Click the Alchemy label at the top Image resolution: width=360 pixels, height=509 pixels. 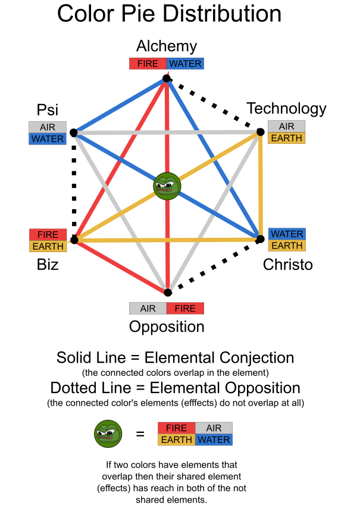coord(167,46)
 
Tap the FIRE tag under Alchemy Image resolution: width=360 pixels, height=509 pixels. coord(148,64)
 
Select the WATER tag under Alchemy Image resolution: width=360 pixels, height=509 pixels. coord(185,64)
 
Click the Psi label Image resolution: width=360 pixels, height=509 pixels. coord(48,110)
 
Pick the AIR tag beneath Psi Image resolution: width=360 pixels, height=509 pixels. coord(48,127)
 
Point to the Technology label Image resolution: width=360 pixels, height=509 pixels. coord(287,109)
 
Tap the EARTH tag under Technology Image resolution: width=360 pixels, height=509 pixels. coord(287,138)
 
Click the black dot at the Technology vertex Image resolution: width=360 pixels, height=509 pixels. coord(260,132)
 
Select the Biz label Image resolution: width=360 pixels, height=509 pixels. coord(48,265)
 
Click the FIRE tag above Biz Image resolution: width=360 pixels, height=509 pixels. coord(48,235)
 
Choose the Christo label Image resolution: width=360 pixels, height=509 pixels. coord(287,265)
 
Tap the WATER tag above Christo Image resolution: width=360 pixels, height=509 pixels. coord(287,234)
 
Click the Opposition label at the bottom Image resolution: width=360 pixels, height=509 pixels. coord(167,327)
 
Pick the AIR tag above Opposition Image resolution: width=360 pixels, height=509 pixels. coord(148,309)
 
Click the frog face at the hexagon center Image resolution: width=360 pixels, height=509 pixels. coord(167,186)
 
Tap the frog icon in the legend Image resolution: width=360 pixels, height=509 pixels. coord(108,433)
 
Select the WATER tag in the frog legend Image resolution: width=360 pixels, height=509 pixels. coord(214,440)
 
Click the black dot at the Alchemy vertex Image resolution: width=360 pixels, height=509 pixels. coord(167,78)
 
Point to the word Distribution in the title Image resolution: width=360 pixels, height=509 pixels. coord(222,14)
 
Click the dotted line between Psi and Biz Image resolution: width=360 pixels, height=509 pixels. coord(74,186)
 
